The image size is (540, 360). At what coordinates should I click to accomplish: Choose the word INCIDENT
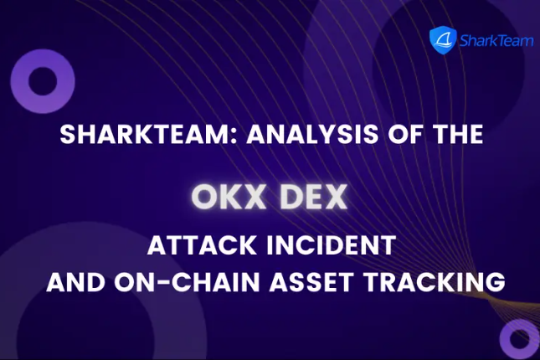pyautogui.click(x=328, y=247)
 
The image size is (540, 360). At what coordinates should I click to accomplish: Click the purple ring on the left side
pyautogui.click(x=43, y=82)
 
